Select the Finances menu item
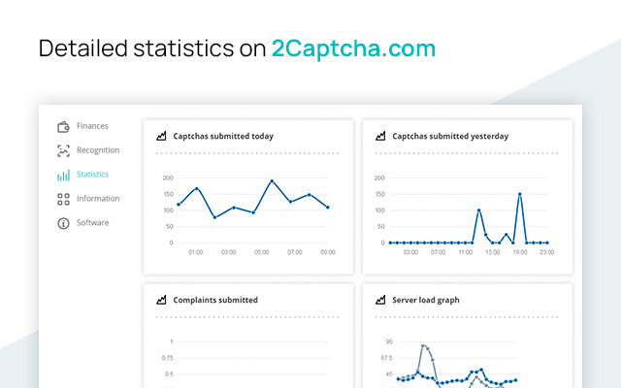point(92,126)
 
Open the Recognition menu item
point(97,150)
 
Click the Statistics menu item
point(92,175)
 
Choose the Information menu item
point(98,199)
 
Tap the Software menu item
point(93,223)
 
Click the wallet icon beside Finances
point(63,126)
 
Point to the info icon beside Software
point(63,223)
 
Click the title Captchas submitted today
point(222,137)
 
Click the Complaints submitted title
point(215,301)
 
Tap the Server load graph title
point(425,301)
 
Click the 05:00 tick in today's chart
point(261,252)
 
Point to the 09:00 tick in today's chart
point(328,252)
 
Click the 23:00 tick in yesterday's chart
point(547,252)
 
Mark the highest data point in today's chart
point(272,181)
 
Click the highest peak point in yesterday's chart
point(520,194)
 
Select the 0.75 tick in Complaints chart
point(167,358)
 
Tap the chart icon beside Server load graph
point(381,301)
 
